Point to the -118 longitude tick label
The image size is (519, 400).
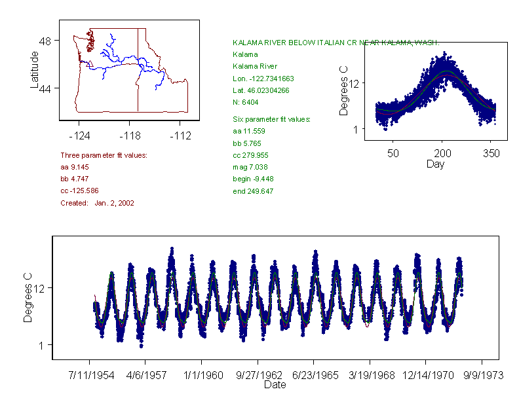(130, 136)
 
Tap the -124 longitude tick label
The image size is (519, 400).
(79, 136)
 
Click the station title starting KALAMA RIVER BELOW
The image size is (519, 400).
(336, 42)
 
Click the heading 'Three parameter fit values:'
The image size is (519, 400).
(104, 155)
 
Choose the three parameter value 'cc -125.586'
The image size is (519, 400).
(79, 191)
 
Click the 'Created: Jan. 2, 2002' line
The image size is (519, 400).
(97, 203)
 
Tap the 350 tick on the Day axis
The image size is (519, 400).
(491, 153)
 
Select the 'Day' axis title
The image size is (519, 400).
(434, 164)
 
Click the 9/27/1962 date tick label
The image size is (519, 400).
(258, 376)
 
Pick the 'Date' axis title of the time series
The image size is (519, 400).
(275, 386)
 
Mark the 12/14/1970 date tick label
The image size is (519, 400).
(426, 376)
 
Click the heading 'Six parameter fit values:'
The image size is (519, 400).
(271, 119)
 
